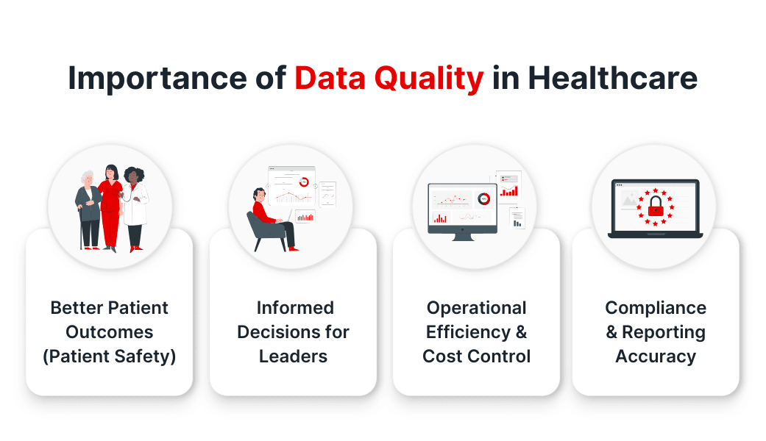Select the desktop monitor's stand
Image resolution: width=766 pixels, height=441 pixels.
tap(463, 237)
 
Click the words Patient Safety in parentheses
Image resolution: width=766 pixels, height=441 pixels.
tap(110, 356)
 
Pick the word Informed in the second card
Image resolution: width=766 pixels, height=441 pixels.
tap(295, 308)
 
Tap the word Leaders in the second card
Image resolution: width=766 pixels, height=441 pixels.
tap(293, 356)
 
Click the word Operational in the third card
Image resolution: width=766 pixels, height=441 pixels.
tap(477, 308)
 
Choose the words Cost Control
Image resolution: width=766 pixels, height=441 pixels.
tap(477, 356)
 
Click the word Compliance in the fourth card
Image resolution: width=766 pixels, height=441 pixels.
tap(656, 308)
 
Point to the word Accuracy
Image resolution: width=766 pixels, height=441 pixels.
tap(656, 356)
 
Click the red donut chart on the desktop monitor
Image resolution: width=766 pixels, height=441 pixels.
tap(483, 199)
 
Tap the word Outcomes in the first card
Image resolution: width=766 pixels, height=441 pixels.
tap(110, 332)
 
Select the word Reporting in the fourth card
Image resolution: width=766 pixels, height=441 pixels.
tap(664, 332)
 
